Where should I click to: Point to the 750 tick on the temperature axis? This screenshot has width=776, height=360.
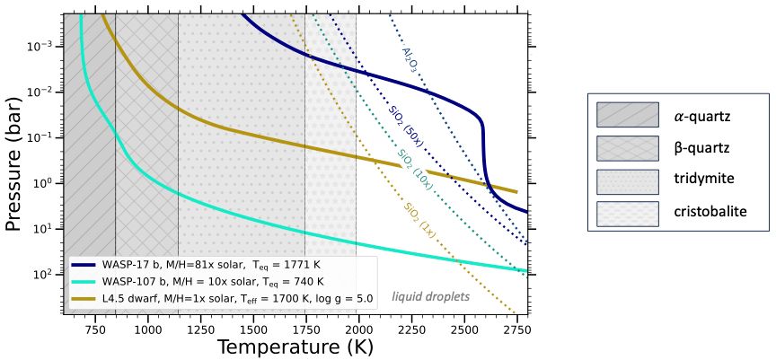(94, 329)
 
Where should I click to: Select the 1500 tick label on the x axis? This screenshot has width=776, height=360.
(253, 329)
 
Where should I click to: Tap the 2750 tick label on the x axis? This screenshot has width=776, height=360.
(517, 329)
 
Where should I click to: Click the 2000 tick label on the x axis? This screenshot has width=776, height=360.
(358, 329)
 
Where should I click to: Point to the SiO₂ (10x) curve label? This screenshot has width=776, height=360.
(415, 169)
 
